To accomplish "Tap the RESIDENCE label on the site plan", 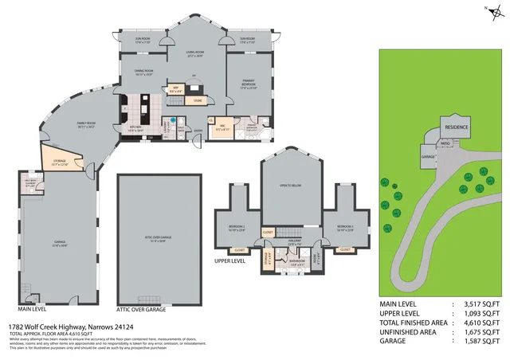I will coord(457,127).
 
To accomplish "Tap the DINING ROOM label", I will coord(143,71).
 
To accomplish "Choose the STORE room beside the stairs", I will coord(198,100).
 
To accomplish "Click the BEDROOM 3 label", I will coord(344,227).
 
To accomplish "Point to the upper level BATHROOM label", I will coord(297,261).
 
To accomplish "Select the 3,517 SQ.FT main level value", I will coord(481,304).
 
